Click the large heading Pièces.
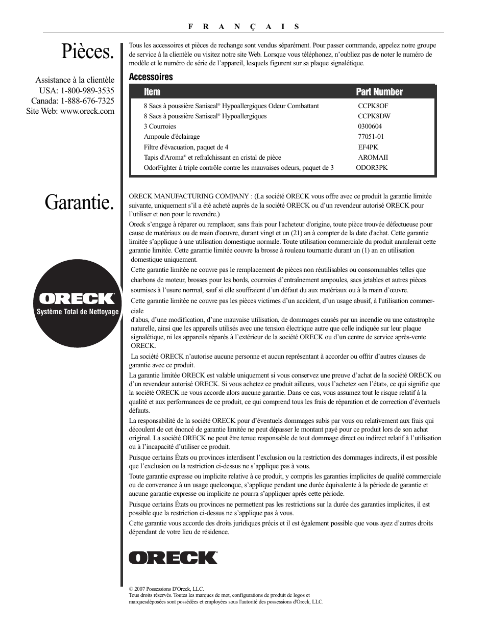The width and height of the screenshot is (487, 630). (87, 52)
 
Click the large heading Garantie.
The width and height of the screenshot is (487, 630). (79, 203)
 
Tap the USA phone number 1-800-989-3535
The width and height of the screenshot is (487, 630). (87, 90)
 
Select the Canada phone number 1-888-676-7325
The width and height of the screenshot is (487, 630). (87, 100)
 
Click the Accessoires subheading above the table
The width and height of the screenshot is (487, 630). (151, 77)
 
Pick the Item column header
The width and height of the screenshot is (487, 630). (152, 92)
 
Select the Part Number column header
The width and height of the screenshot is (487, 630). (379, 92)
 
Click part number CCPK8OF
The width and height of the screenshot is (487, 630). (373, 106)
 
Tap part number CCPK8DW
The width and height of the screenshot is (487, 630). (374, 116)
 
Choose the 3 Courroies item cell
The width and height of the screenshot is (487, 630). (160, 127)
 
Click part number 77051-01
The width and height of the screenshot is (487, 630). (371, 137)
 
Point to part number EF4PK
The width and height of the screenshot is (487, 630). (368, 147)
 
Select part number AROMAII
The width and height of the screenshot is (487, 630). (373, 158)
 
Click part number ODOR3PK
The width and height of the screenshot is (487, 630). (372, 167)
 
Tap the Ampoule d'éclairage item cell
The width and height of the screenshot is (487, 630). (172, 137)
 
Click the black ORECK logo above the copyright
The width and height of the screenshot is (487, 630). (174, 558)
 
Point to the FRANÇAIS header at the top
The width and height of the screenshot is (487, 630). (243, 27)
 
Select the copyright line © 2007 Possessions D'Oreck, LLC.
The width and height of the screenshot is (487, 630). (166, 589)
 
